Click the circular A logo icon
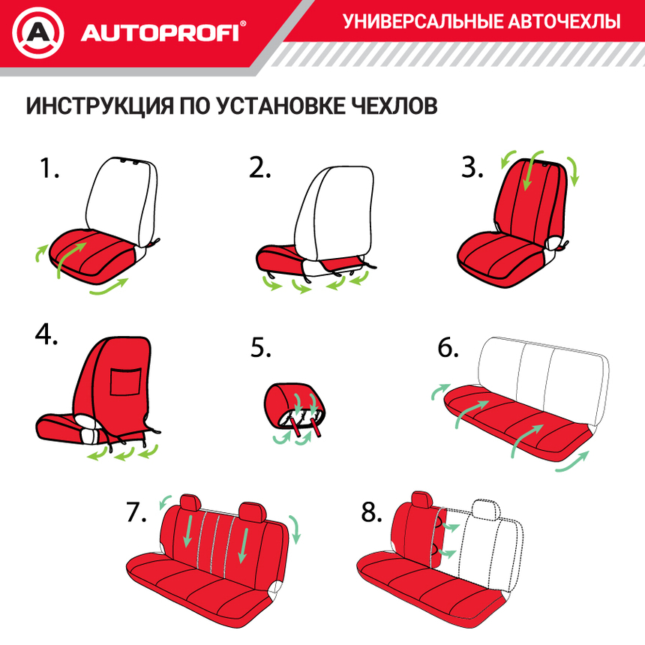point(38,32)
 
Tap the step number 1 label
point(49,168)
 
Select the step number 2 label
point(259,168)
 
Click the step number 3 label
point(472,168)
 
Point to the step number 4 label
point(46,334)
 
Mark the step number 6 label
point(448,349)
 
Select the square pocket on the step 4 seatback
point(126,381)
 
